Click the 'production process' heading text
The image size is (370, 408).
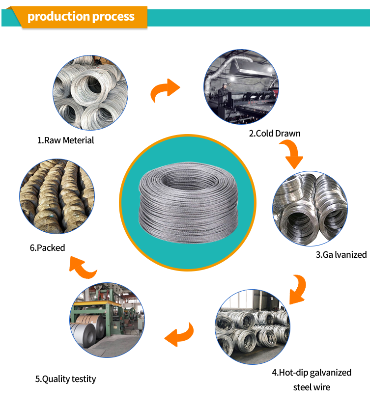(81, 17)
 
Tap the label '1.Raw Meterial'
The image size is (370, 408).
(65, 140)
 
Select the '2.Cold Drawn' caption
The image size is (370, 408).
(274, 133)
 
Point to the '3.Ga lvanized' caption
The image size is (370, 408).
(341, 254)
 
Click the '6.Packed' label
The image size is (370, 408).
(47, 247)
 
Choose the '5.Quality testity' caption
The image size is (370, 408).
(65, 379)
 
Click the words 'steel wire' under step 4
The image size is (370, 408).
(312, 387)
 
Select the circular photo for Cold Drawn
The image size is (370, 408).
(241, 87)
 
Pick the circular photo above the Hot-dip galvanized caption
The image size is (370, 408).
(252, 326)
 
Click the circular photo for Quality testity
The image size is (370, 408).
(107, 320)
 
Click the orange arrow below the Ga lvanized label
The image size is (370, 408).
(298, 288)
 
